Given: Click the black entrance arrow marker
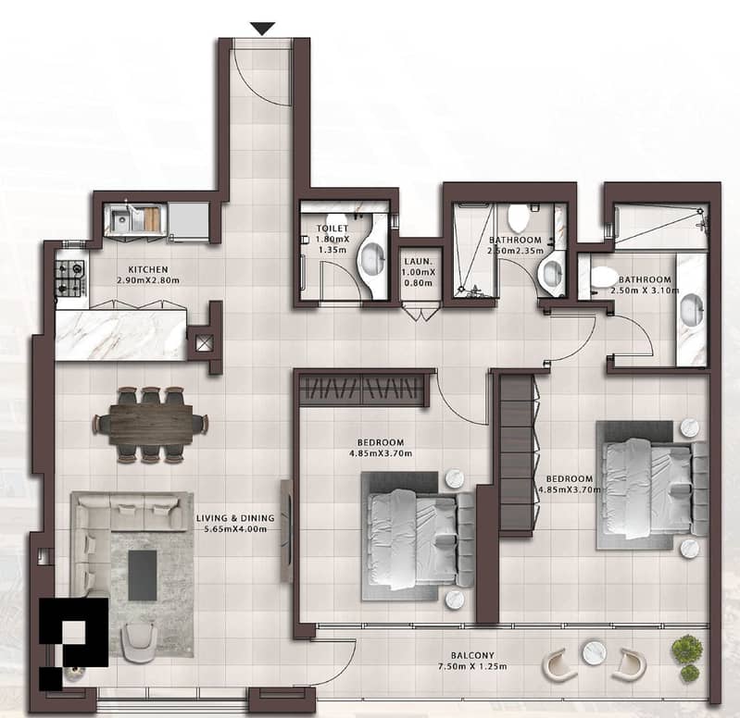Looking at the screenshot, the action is coord(262,29).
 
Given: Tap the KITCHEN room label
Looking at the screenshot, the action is coord(148,269).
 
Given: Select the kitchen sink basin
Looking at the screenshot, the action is coord(120,219).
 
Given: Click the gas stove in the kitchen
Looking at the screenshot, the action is coord(70,279).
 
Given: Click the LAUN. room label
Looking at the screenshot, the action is coord(418,261).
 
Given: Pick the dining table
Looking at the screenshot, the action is coord(151,424).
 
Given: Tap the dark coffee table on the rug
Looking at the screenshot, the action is coord(143,576).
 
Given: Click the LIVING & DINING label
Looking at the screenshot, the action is coord(235,518).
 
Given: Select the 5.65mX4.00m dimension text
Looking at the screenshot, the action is coord(235,529).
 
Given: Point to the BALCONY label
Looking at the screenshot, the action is coord(472,655).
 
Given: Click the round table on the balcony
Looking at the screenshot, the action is coord(595,652).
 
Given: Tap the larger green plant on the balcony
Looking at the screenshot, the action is coord(686,649).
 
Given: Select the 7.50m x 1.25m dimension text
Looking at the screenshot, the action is coord(472,666).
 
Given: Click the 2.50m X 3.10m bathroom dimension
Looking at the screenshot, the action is coord(645,291).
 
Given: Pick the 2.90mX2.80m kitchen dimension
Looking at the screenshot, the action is coord(148,280).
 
